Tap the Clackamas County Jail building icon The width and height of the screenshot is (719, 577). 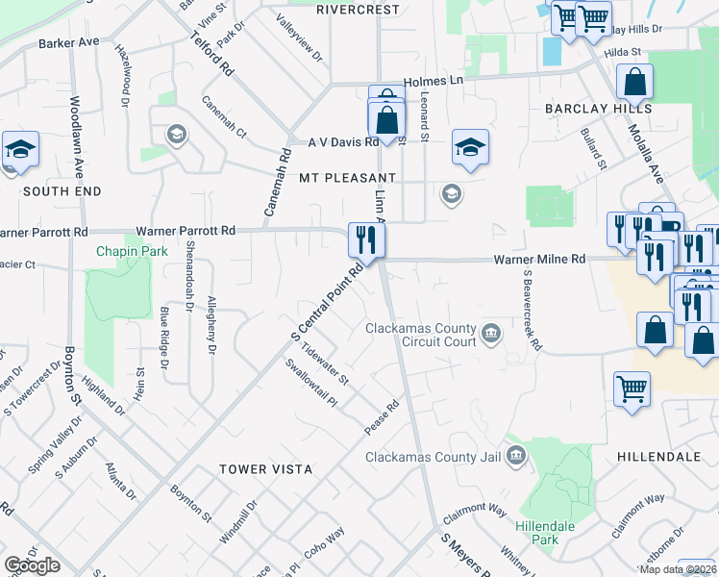tap(515, 456)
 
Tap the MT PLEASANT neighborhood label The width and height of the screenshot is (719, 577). tap(347, 179)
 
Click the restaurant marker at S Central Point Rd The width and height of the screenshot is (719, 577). tap(366, 239)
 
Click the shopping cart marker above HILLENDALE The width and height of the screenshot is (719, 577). tap(632, 390)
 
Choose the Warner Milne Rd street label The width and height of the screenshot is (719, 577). tap(539, 260)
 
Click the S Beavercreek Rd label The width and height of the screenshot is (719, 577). tap(528, 308)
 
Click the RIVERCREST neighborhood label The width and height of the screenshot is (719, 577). tap(357, 9)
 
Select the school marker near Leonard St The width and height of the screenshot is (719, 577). tap(469, 148)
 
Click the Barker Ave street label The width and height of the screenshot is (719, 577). tap(69, 43)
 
